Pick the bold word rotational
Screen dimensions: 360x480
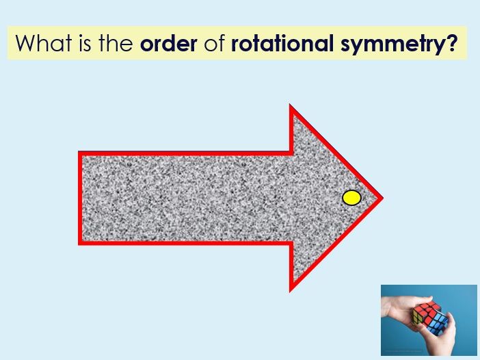(284, 43)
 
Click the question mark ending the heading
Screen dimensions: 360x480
(452, 43)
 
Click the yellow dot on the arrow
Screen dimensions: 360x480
(351, 198)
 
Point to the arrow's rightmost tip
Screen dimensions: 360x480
(381, 198)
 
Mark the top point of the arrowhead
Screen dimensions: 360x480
(291, 107)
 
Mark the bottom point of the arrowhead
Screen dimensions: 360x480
(291, 289)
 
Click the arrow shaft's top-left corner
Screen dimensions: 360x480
(80, 153)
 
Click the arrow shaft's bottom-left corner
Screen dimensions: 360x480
(80, 243)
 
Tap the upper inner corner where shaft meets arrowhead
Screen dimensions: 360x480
(291, 153)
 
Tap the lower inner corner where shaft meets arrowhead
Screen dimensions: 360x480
(291, 243)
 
